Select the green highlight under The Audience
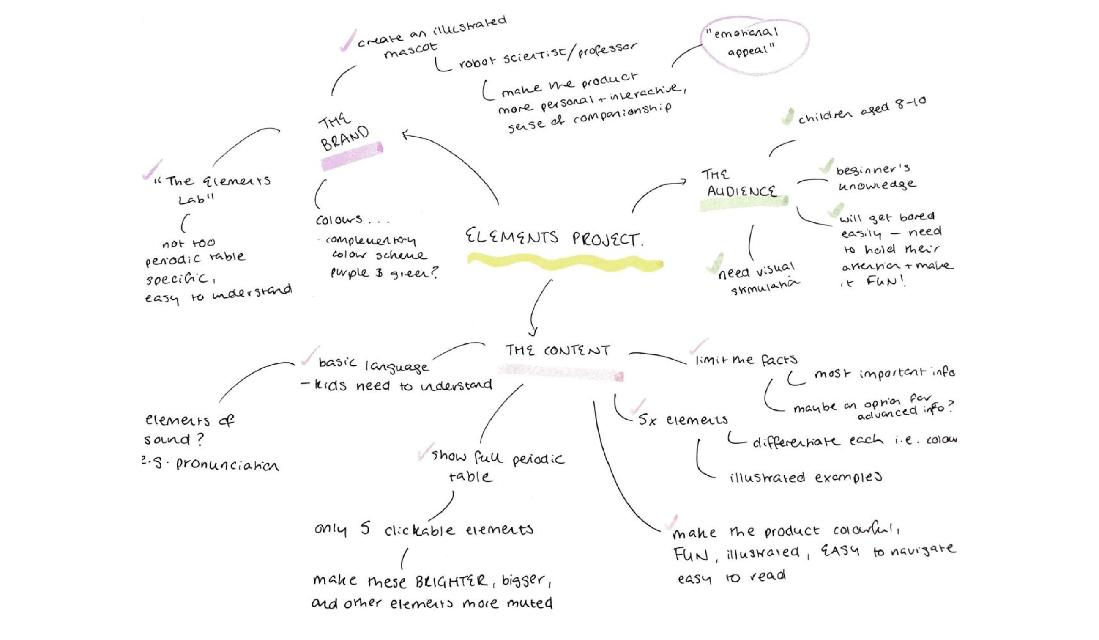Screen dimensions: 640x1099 coord(744,203)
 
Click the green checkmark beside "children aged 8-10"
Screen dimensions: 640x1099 coord(787,117)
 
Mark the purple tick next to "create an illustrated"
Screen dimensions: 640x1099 coord(348,41)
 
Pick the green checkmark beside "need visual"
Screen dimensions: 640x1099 coord(715,263)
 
